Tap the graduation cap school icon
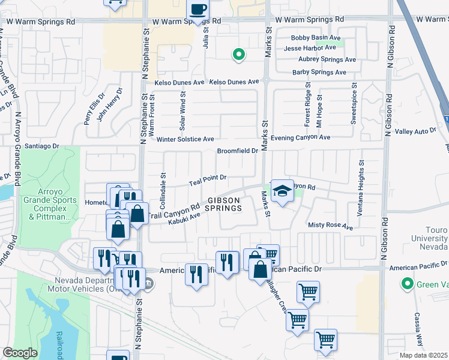coord(281,190)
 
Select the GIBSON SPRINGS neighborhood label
coord(224,204)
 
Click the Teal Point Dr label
coord(207,178)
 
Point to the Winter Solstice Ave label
coord(185,139)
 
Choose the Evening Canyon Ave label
coord(300,137)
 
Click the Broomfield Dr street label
coord(237,151)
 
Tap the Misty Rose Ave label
coord(330,227)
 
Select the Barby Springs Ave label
coord(319,73)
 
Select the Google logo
coord(20,353)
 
